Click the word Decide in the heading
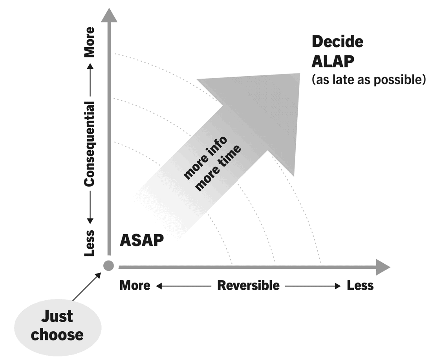coord(337,42)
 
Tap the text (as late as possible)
coord(368,80)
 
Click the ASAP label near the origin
coord(141,240)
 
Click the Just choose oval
coord(57,326)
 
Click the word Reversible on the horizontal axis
coord(248,285)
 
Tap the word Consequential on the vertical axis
coord(90,144)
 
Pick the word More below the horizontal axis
coord(135,285)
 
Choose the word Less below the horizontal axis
coord(360,285)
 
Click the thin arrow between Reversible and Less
coord(313,286)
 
